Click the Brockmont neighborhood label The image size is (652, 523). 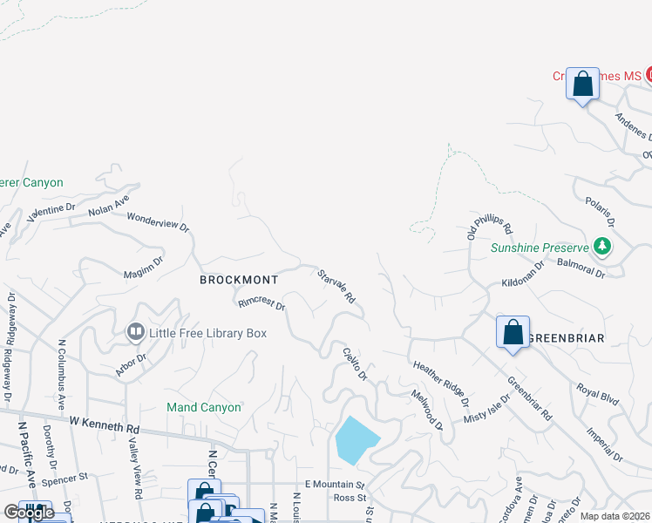click(239, 280)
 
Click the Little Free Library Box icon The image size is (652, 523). click(136, 331)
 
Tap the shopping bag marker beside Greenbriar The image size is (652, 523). click(513, 332)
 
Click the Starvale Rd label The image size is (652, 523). click(336, 285)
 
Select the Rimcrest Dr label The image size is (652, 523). click(261, 303)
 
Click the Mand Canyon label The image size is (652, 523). click(203, 407)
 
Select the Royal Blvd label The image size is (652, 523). click(598, 394)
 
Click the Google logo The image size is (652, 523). click(29, 512)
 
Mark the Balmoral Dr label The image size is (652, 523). click(581, 267)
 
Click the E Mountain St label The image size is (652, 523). click(334, 484)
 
